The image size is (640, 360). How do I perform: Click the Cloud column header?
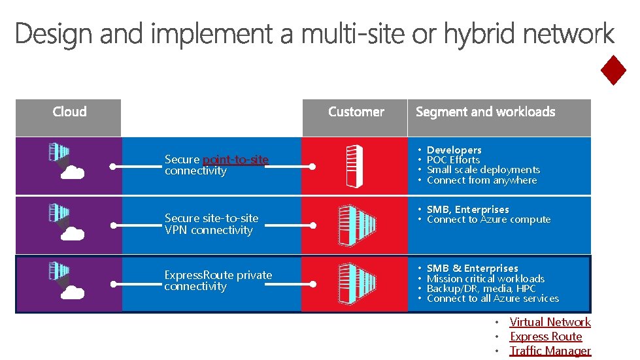[x=69, y=112]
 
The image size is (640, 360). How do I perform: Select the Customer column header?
[x=356, y=112]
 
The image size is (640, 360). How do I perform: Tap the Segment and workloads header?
[x=485, y=112]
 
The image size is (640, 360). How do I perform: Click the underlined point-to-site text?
[x=235, y=159]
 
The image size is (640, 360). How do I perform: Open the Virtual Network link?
[x=550, y=322]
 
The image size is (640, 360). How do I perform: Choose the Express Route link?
[x=546, y=336]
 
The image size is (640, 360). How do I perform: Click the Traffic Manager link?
[x=550, y=351]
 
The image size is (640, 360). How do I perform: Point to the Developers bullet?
[x=454, y=150]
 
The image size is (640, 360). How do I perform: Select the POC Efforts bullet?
[x=453, y=159]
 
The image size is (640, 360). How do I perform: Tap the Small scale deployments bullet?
[x=483, y=170]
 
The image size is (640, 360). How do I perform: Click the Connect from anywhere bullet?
[x=482, y=180]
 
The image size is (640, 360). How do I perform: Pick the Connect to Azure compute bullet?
[x=488, y=220]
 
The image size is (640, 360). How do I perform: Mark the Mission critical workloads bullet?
[x=485, y=278]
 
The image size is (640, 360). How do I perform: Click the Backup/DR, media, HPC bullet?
[x=481, y=288]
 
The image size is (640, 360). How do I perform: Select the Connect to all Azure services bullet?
[x=492, y=299]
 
